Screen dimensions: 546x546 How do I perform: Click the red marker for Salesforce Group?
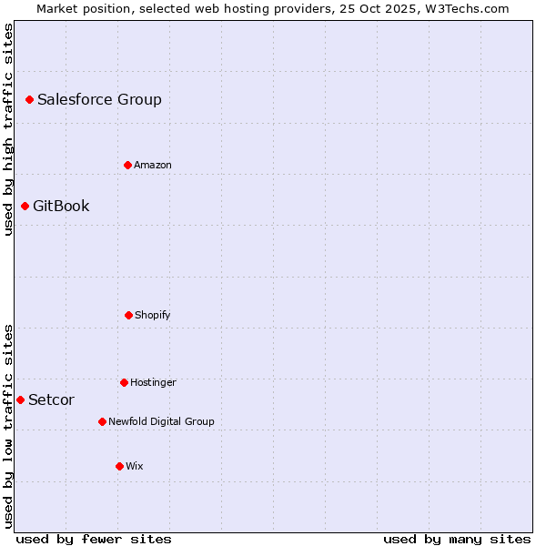coord(29,99)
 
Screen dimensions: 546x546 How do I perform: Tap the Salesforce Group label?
coord(99,100)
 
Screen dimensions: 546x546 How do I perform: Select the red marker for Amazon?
coord(127,165)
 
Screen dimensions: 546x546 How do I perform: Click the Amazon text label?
coord(153,166)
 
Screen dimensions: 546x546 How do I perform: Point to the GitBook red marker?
coord(25,206)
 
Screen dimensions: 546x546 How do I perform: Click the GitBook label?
coord(61,207)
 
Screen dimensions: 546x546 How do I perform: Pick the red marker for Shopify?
coord(128,315)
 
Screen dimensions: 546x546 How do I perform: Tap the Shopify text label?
coord(153,316)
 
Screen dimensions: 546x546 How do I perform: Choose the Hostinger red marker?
coord(124,382)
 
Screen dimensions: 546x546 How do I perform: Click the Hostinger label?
coord(153,383)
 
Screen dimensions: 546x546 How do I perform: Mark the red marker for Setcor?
coord(20,399)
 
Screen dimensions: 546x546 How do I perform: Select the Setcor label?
coord(51,400)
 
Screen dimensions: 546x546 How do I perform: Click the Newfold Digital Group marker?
coord(102,421)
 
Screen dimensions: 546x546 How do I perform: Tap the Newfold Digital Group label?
coord(161,422)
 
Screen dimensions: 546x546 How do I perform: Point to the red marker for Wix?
coord(119,466)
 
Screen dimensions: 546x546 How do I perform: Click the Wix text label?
coord(135,467)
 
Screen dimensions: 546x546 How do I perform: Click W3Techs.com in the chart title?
coord(470,8)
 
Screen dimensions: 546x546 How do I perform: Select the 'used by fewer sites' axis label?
coord(94,539)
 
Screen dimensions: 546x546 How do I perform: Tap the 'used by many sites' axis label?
coord(457,539)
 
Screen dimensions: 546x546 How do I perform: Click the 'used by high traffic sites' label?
coord(8,129)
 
